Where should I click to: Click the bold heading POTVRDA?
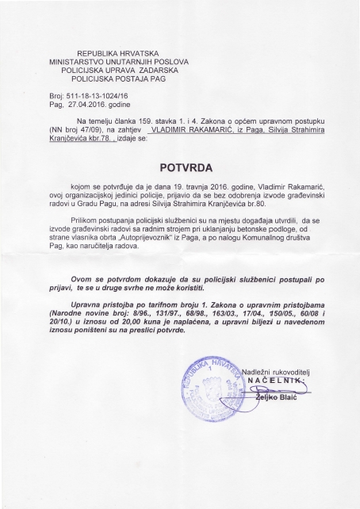point(180,167)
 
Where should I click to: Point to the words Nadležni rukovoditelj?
point(278,415)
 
